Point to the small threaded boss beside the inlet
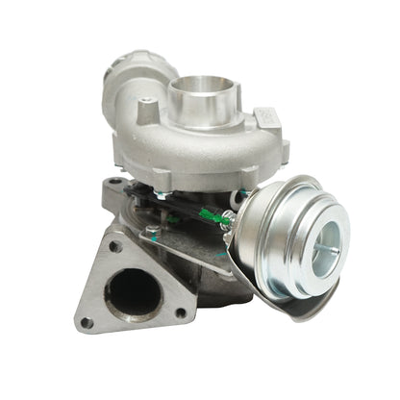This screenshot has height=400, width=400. click(146, 112)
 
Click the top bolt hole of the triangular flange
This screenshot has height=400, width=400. click(114, 246)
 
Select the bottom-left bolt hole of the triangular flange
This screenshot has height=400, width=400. click(87, 322)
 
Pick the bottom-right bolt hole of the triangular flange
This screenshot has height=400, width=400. click(180, 311)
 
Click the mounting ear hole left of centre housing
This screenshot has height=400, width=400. click(115, 182)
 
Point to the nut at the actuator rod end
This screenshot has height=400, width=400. click(232, 224)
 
